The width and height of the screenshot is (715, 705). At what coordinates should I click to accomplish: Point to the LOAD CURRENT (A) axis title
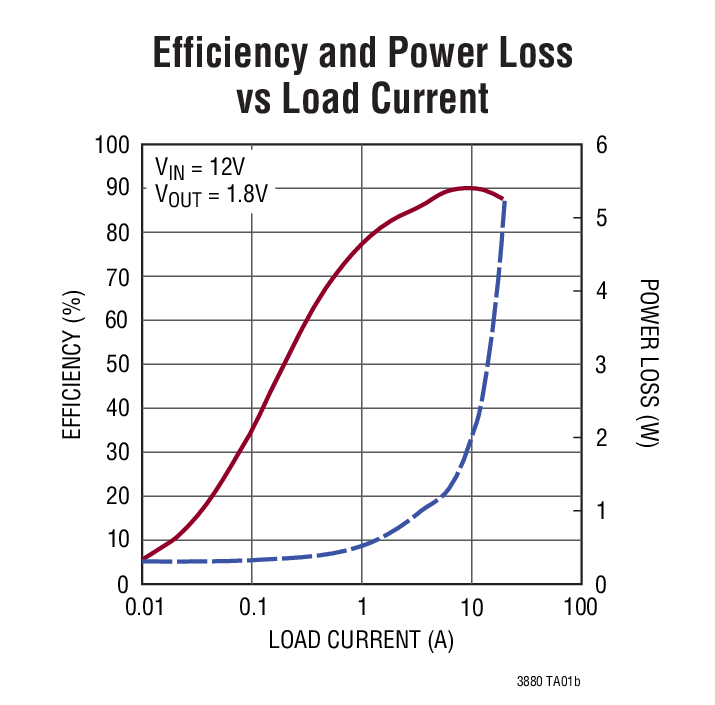361,641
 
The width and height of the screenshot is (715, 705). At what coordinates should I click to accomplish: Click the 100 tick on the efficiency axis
113,146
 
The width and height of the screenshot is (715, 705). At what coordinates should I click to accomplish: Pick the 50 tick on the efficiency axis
119,364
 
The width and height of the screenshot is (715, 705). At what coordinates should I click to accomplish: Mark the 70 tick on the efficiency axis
119,277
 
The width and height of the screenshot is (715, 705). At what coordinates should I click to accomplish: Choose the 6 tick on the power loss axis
601,146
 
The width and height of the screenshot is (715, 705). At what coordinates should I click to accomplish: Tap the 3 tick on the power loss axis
601,364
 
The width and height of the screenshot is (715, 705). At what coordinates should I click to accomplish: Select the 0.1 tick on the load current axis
252,608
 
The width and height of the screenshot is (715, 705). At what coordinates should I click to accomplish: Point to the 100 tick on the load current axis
580,608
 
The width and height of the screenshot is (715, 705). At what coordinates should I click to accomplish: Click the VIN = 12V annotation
203,166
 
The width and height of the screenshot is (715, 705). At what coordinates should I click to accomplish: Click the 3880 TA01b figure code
548,681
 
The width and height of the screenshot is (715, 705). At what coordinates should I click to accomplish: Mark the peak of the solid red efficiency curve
468,187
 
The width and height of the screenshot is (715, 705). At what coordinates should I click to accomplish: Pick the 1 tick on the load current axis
361,608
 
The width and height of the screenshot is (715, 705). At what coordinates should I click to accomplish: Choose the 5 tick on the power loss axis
601,218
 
